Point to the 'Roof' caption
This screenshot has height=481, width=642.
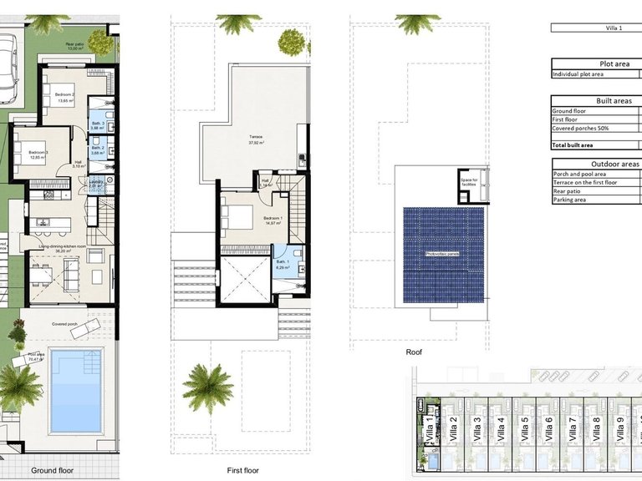pos(414,353)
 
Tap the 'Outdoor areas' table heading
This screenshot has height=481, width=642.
pos(615,165)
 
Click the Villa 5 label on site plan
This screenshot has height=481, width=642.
pos(525,432)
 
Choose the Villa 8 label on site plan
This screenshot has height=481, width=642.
pos(596,432)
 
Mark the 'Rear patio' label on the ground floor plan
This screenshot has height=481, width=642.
pos(76,47)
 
